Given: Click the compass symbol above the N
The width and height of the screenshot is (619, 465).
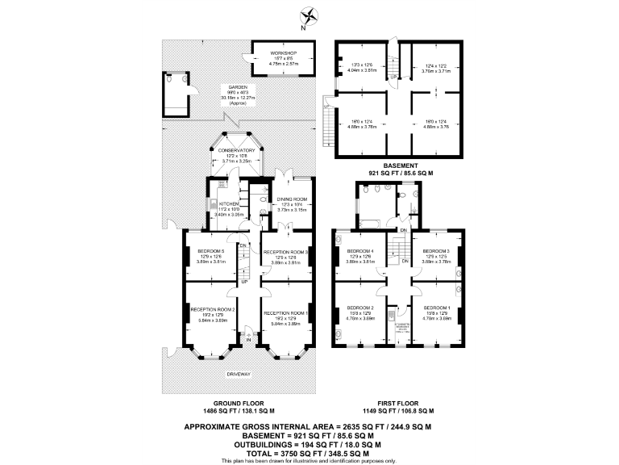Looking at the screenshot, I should (309, 14).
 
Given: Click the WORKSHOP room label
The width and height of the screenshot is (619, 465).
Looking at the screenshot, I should (283, 52).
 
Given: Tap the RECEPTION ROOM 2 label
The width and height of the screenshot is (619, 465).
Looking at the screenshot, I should (212, 309).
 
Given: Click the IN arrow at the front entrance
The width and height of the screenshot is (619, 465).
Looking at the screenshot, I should (249, 341).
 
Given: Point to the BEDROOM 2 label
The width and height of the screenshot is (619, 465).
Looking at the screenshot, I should (360, 308).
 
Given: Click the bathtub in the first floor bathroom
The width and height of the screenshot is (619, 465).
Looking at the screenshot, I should (372, 219).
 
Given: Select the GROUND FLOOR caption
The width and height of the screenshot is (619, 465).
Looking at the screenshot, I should (239, 404).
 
